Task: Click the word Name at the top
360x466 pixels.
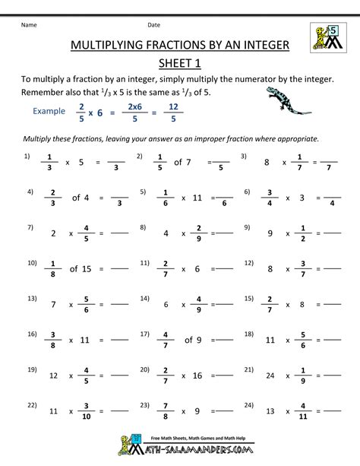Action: pos(29,24)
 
